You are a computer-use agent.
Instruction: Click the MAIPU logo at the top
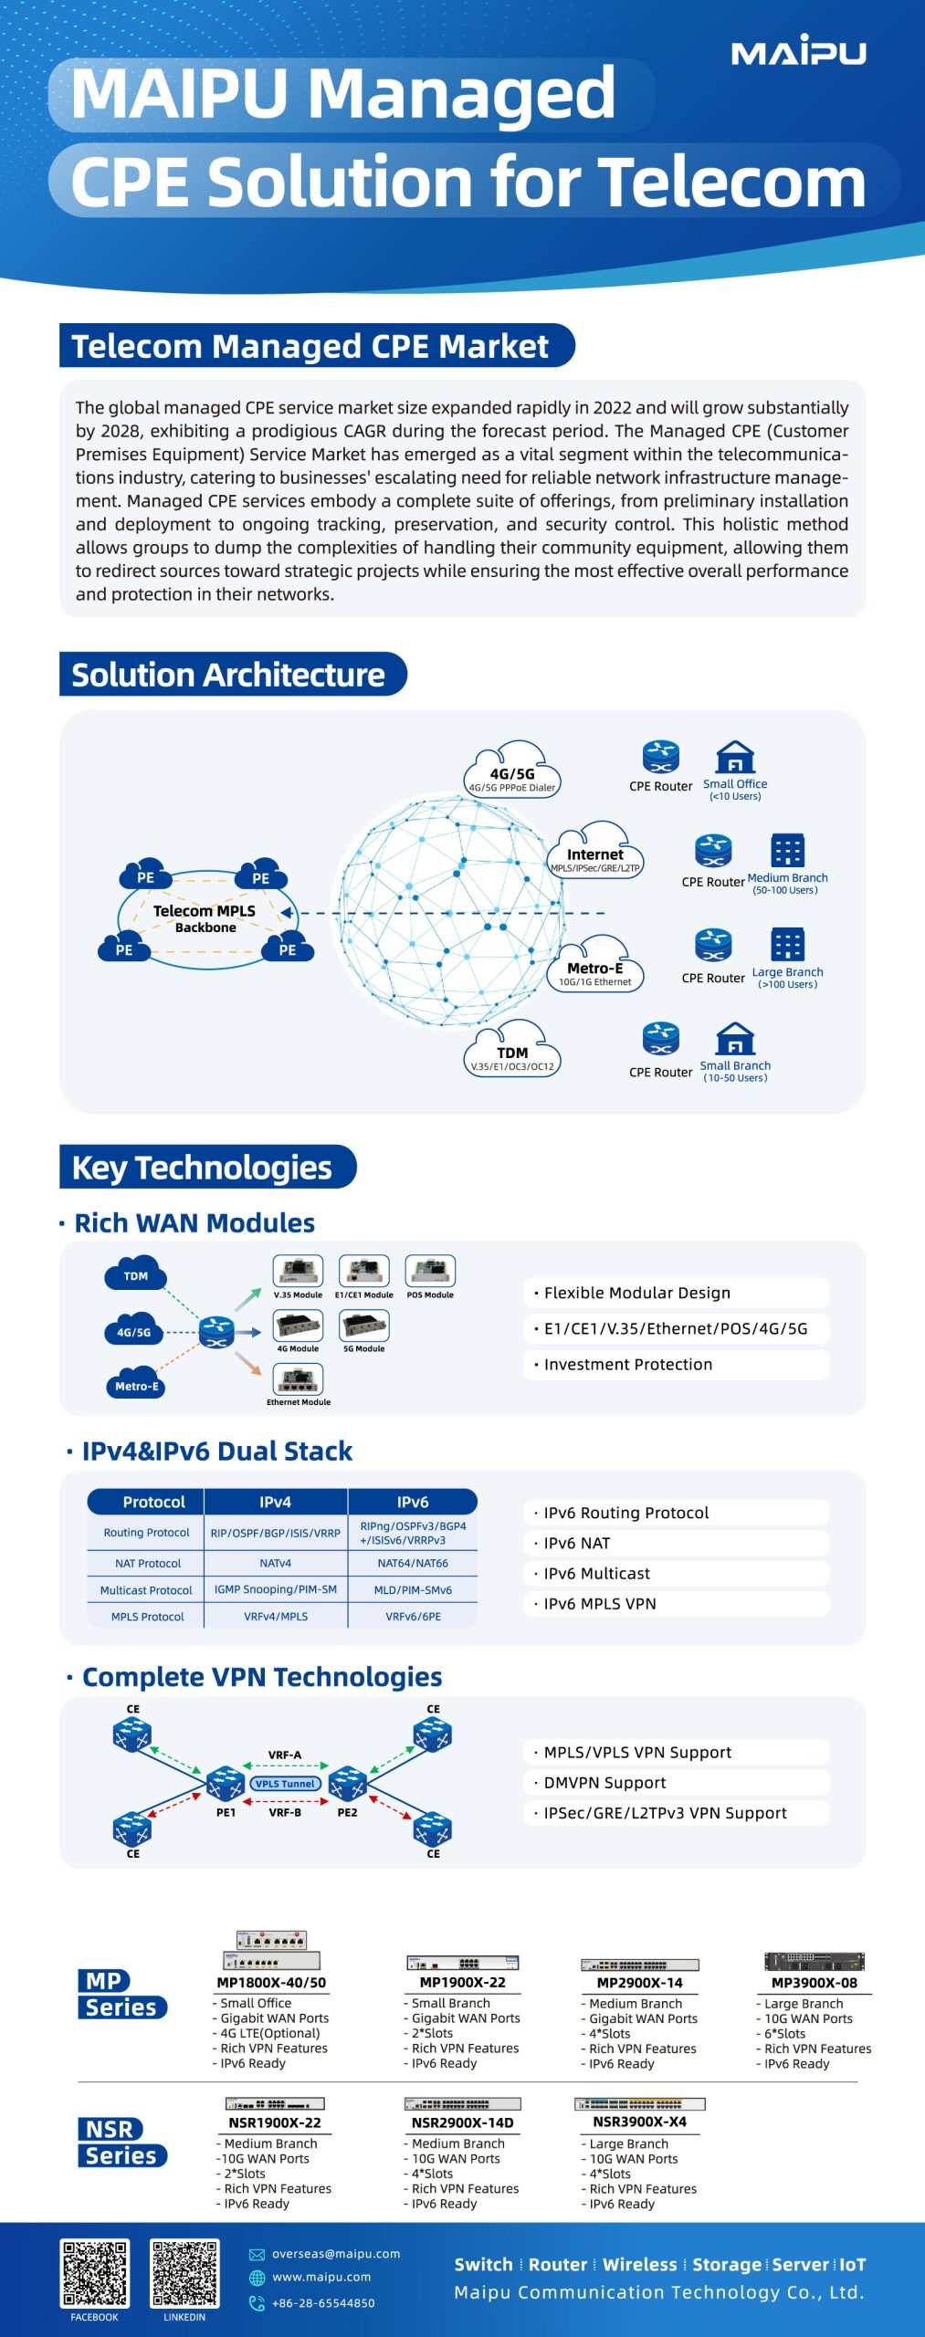tap(798, 51)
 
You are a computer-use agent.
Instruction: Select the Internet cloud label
tap(595, 855)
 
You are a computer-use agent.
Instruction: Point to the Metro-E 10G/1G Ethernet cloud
tap(595, 969)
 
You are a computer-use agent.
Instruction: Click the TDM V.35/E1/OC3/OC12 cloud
tap(512, 1053)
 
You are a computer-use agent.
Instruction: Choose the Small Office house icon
tap(735, 758)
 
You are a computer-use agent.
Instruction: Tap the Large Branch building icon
tap(787, 945)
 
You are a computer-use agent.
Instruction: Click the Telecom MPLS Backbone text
tap(205, 918)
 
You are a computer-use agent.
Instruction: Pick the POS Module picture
tap(430, 1271)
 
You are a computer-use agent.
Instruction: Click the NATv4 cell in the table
tap(275, 1563)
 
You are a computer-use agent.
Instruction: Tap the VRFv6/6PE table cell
tap(413, 1616)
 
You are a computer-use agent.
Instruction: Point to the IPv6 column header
tap(413, 1502)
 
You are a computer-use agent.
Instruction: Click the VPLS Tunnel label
tap(285, 1783)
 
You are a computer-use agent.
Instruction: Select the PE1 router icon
tap(225, 1782)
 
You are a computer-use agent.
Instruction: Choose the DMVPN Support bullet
tap(604, 1782)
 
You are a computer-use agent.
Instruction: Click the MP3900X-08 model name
tap(814, 1982)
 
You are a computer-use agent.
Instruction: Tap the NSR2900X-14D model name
tap(462, 2122)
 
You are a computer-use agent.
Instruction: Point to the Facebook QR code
tap(95, 2272)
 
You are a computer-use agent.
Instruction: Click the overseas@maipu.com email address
tap(335, 2253)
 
